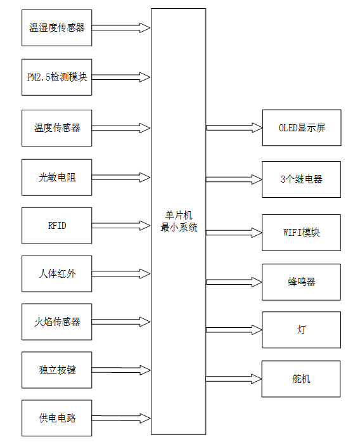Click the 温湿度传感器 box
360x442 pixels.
57,28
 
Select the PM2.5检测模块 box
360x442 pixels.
57,77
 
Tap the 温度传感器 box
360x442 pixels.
57,127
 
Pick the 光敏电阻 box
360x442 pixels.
57,177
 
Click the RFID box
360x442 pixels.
57,225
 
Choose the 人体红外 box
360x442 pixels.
57,274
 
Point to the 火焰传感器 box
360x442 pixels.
57,322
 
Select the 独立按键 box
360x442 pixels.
57,370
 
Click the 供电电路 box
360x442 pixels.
57,419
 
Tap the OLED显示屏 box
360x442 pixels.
301,127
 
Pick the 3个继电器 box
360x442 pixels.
301,179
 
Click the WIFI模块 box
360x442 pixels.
301,232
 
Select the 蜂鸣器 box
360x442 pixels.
301,282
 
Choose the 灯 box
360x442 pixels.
301,330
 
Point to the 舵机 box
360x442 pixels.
301,379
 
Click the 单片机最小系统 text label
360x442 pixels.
179,222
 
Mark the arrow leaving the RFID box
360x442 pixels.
121,225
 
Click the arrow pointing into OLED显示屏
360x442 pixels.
234,127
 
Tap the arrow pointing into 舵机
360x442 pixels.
234,379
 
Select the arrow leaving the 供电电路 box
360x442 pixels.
121,419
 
